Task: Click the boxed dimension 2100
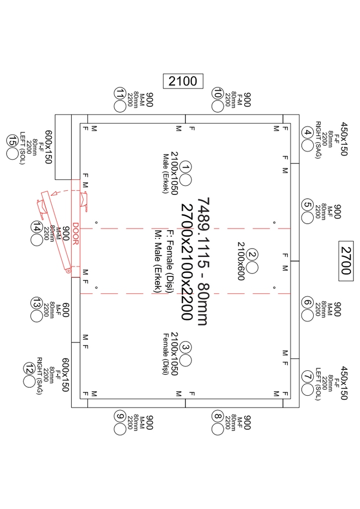183,81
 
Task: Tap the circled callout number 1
185,168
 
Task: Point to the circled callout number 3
185,347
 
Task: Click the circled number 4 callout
307,133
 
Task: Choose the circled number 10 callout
217,93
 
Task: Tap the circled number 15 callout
11,141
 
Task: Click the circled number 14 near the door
36,227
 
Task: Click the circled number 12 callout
28,368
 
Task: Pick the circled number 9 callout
119,416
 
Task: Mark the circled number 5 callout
307,205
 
